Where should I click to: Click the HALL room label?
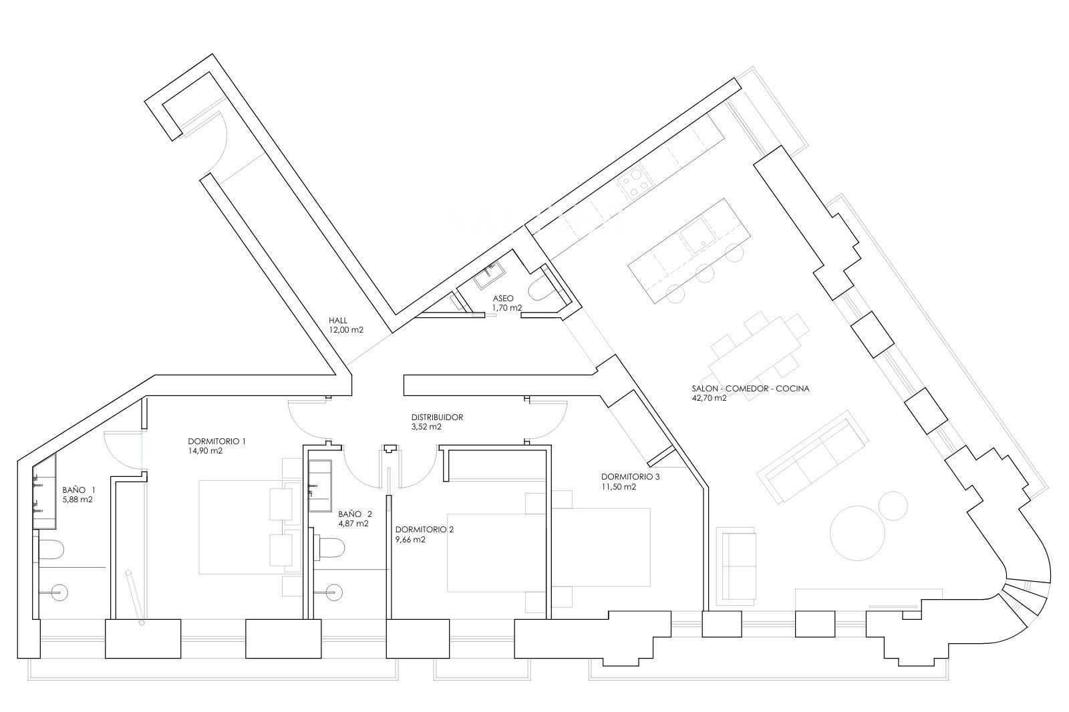tap(338, 321)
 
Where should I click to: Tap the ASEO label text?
tap(503, 299)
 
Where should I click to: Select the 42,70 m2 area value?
tap(709, 398)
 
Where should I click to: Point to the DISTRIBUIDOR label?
tap(437, 417)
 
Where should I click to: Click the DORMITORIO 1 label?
tap(216, 441)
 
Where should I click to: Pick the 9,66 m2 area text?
tap(410, 540)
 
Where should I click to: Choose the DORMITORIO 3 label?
tap(631, 477)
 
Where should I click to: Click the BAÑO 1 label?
tap(79, 490)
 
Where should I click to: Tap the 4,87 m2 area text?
tap(353, 524)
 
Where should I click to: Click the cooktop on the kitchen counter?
tap(635, 183)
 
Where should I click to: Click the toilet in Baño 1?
tap(50, 549)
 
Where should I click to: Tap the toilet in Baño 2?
tap(330, 548)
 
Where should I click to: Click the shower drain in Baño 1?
tap(60, 592)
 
